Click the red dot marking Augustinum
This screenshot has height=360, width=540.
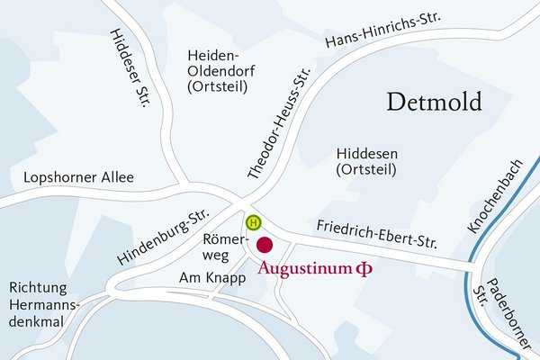click(x=265, y=245)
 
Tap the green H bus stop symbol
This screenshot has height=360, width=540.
click(x=255, y=221)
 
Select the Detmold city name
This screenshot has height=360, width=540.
click(x=435, y=101)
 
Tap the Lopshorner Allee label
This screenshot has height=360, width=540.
click(x=79, y=177)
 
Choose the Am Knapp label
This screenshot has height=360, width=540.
click(x=212, y=278)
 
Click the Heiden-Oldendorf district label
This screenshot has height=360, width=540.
click(x=220, y=71)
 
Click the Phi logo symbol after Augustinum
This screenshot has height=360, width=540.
click(x=364, y=268)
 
